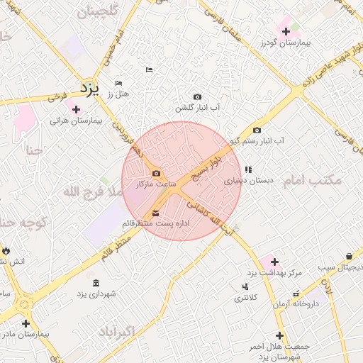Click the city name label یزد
coord(89,89)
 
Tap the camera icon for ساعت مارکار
coord(156,174)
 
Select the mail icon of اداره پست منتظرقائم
coord(156,213)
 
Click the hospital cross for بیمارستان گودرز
coord(286,31)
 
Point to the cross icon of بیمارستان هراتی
coord(76,109)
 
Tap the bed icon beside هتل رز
coord(118,83)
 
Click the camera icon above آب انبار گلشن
coord(197,97)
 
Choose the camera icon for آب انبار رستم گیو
coord(257,130)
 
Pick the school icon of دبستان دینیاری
coord(247,169)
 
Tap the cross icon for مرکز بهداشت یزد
coord(274,262)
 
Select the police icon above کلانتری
coord(245,286)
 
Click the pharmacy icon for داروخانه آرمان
coord(296,294)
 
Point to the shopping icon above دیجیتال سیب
coord(350,256)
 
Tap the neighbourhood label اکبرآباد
coord(113,332)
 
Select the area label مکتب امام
coord(313,181)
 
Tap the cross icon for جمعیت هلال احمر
coord(280,335)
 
